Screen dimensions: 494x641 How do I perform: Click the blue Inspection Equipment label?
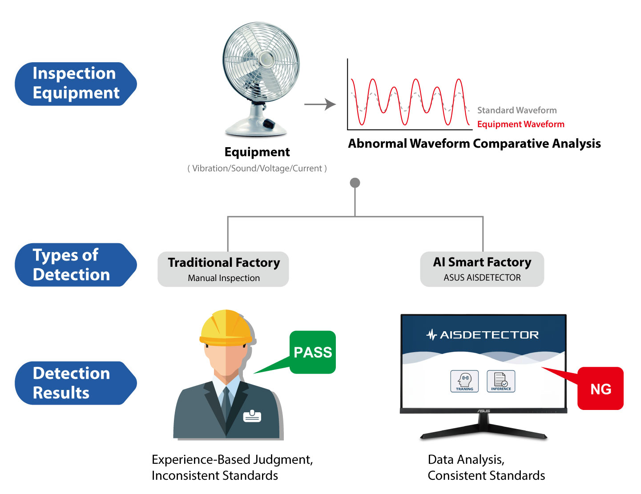coord(76,84)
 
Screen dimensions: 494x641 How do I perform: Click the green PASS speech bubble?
coord(313,352)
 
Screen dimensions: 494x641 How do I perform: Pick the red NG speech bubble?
coord(601,389)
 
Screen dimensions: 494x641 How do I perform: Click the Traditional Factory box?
coord(223,269)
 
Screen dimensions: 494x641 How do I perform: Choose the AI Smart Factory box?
coord(482,269)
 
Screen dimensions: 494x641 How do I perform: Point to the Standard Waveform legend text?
coord(517,110)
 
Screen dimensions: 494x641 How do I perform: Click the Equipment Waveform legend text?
coord(520,124)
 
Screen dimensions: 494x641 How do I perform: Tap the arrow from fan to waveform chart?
coord(320,104)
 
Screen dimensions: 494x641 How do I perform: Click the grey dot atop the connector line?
coord(355,183)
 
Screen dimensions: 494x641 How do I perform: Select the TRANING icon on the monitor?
coord(464,381)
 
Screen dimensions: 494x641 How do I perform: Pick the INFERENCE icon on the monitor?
coord(501,381)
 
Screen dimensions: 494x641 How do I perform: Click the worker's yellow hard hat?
coord(226,328)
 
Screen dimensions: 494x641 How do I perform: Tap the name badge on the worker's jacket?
coord(252,416)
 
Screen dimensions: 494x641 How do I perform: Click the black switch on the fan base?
coord(269,123)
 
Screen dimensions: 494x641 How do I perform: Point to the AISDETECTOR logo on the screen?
coord(483,335)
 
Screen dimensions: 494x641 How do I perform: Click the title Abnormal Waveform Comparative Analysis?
coord(474,144)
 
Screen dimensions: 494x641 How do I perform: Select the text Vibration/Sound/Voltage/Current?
coord(257,169)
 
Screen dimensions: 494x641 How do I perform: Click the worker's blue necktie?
coord(226,404)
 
